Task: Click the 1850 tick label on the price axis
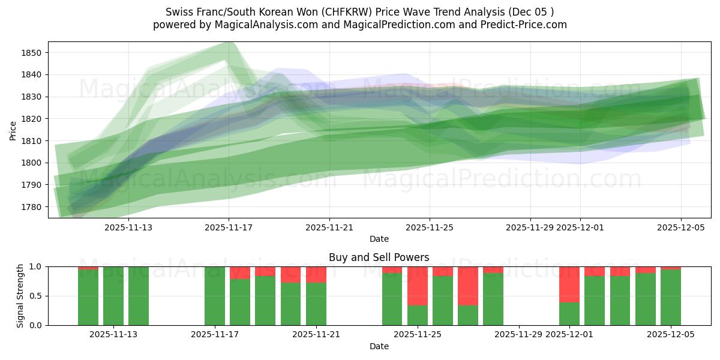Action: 31,53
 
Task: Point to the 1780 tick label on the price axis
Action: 31,207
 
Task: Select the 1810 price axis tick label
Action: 31,141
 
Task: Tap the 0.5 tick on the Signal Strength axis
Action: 37,296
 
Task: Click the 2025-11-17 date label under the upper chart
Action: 229,227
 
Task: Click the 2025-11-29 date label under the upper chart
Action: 530,227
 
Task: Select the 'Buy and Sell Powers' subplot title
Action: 379,257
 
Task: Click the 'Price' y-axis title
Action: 13,130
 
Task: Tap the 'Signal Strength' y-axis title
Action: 20,296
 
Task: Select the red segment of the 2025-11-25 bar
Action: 418,286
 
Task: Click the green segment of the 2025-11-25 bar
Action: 418,315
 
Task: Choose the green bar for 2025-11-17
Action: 215,296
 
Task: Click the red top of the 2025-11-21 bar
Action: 316,274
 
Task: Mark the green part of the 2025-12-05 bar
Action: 671,297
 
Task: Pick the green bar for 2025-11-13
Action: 113,296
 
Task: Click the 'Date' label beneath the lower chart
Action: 379,346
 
